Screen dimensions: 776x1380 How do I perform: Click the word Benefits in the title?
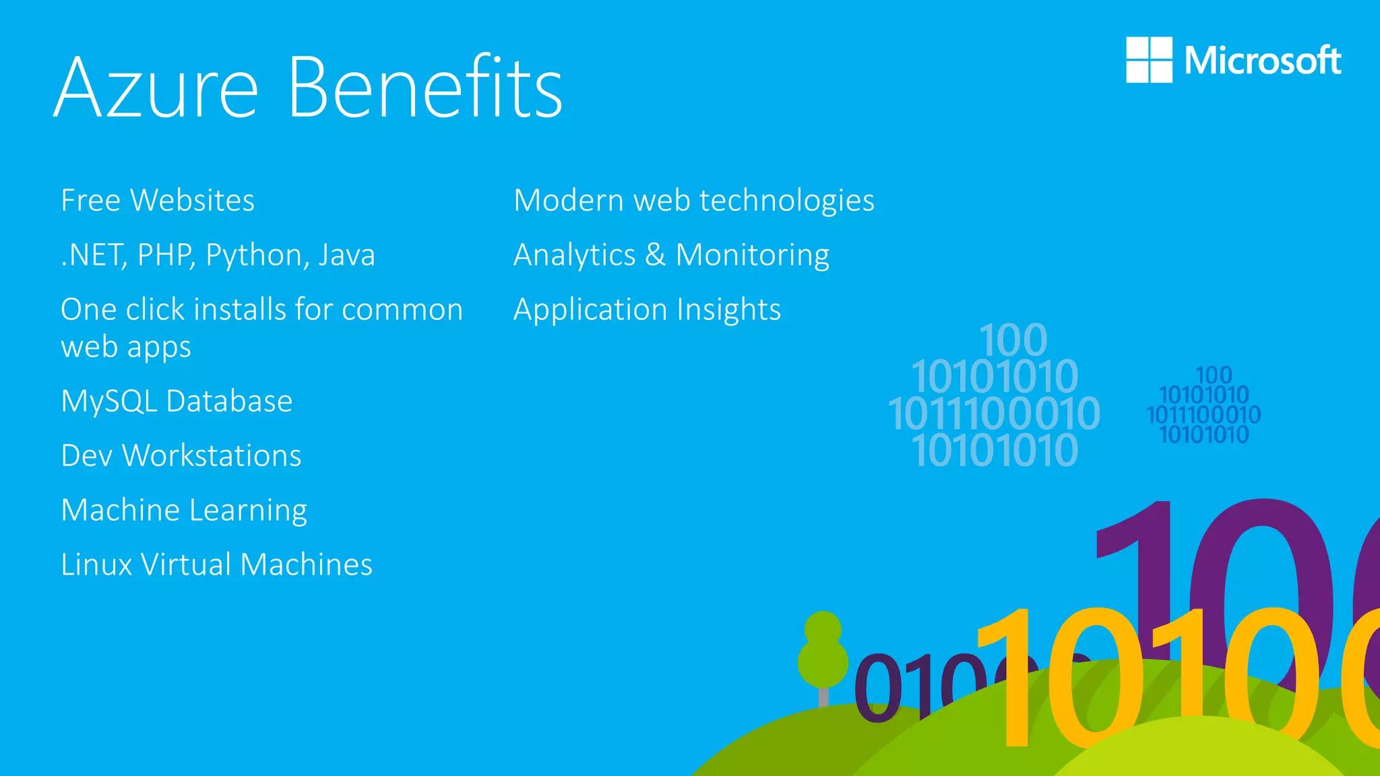[x=426, y=88]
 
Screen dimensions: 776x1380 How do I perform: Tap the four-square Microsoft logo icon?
[x=1149, y=60]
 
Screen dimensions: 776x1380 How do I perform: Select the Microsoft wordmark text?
[x=1263, y=61]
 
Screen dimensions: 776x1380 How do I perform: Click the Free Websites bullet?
[x=158, y=201]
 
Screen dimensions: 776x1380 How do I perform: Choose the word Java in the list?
[x=346, y=255]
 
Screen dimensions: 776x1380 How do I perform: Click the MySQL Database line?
[x=177, y=401]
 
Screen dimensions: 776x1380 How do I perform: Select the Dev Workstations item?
[x=181, y=456]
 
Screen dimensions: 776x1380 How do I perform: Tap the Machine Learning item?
[x=184, y=511]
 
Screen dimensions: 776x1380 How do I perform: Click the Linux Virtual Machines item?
[x=216, y=565]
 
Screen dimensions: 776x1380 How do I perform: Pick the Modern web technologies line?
[x=694, y=201]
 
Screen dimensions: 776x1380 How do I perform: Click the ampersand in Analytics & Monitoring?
[x=655, y=255]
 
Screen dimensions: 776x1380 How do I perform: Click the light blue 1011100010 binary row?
[x=994, y=413]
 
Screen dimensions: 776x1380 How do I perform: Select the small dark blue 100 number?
[x=1214, y=375]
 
